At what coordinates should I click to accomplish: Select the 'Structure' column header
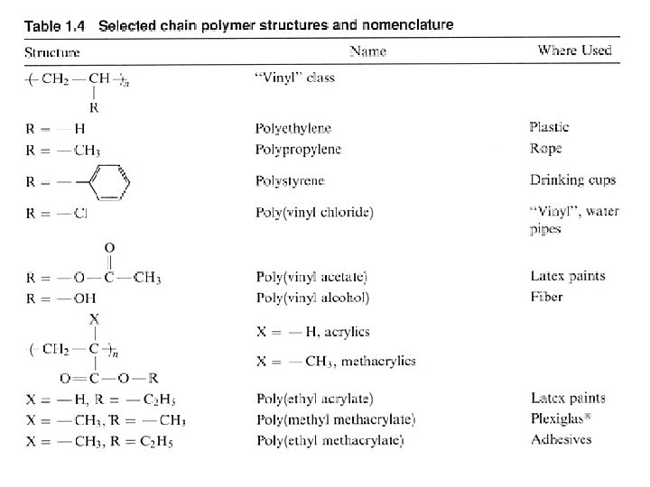(x=52, y=51)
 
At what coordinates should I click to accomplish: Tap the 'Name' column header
(x=367, y=51)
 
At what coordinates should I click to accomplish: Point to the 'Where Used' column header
(x=575, y=51)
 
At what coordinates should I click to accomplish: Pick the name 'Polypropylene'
(x=298, y=150)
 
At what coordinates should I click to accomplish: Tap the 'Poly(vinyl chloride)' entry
(x=314, y=213)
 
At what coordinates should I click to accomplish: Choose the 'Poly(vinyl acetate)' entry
(x=311, y=277)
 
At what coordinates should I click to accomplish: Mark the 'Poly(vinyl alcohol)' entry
(x=311, y=297)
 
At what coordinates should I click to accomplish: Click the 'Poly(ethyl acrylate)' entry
(x=315, y=399)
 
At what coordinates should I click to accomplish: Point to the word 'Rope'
(x=545, y=149)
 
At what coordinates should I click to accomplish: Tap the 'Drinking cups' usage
(x=572, y=180)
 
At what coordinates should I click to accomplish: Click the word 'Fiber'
(x=546, y=297)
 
